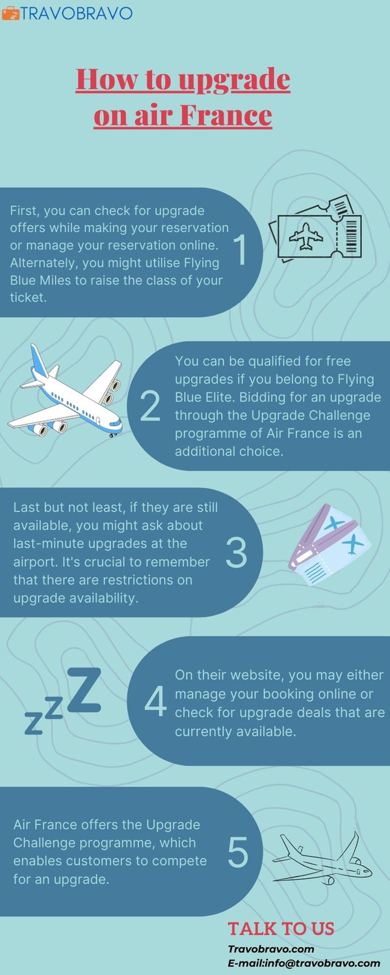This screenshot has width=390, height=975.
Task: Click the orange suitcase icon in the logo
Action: click(10, 14)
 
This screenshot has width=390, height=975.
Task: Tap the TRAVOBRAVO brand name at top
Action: click(76, 14)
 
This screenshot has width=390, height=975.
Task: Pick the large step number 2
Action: click(151, 406)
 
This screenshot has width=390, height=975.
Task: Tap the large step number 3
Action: click(237, 552)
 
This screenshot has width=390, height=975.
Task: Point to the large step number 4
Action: click(155, 701)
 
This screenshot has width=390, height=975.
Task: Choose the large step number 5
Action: click(238, 851)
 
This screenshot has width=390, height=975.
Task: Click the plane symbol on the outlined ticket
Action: click(306, 237)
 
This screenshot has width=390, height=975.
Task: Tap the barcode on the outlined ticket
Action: click(351, 235)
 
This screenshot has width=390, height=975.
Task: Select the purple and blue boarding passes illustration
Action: click(330, 544)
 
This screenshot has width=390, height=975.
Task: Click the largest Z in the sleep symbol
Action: click(84, 690)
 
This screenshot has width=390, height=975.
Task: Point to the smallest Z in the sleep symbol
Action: click(34, 723)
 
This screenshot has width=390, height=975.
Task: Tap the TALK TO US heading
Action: click(281, 928)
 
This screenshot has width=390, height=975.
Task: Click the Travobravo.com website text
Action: click(271, 949)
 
